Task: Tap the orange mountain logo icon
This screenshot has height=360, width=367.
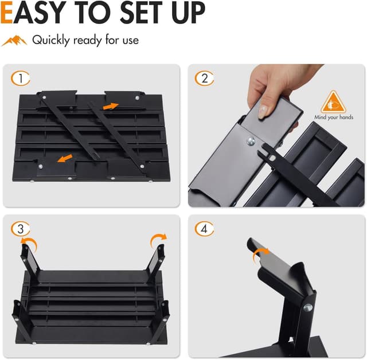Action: pos(14,41)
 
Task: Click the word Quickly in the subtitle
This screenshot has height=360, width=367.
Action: pos(51,40)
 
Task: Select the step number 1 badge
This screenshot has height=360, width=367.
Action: pos(21,79)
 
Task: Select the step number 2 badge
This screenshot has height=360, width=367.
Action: pos(205,79)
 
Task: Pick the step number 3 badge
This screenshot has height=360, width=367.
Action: pos(21,229)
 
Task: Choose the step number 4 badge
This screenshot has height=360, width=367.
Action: pos(205,229)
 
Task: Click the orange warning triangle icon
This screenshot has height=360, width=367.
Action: pos(333,103)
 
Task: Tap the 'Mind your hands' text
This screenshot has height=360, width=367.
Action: pos(334,118)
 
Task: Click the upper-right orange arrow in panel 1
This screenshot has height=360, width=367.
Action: pos(111,105)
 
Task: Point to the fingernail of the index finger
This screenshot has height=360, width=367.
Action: pos(262,111)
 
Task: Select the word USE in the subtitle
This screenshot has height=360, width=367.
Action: pos(128,40)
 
